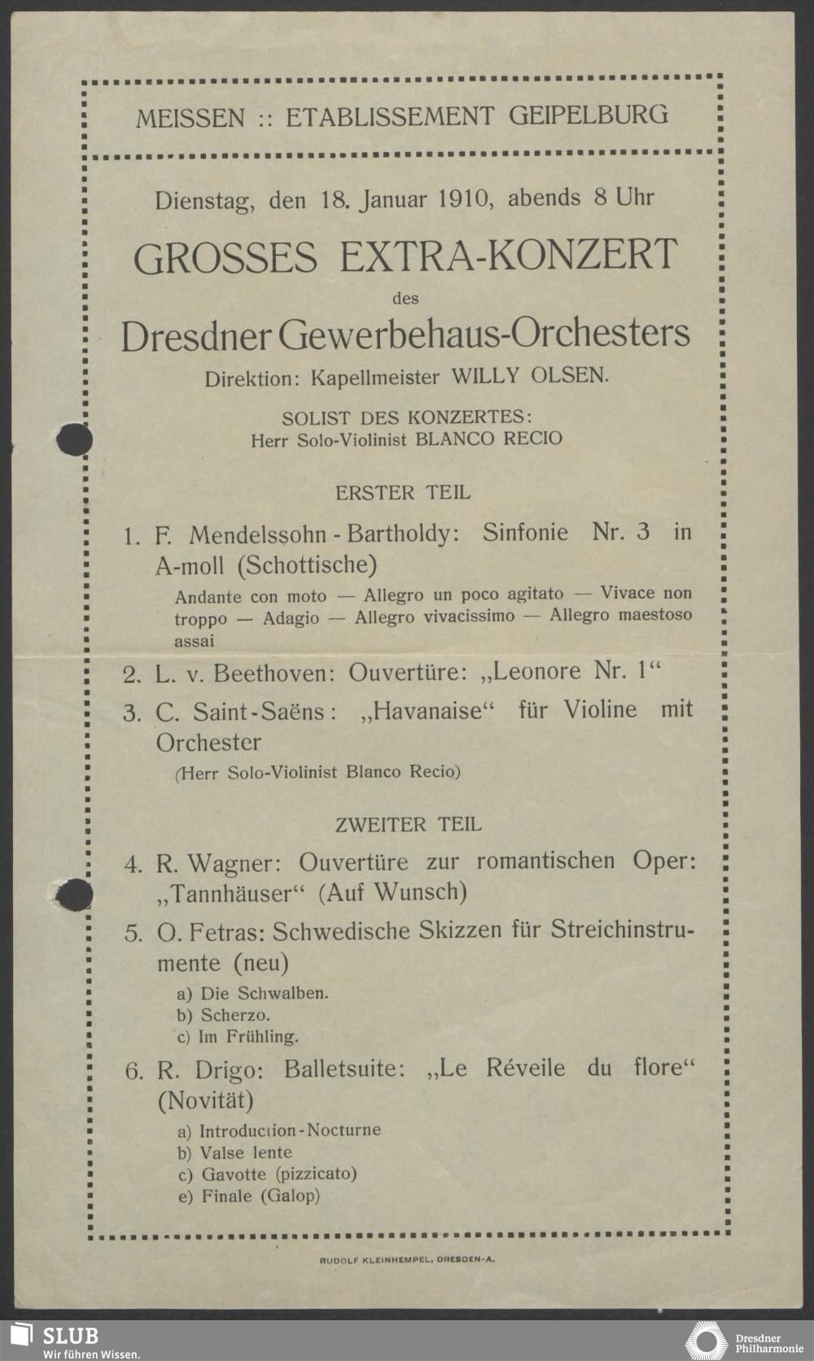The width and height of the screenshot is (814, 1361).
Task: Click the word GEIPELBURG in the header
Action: coord(589,116)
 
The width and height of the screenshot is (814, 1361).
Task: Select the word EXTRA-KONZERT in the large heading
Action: coord(509,255)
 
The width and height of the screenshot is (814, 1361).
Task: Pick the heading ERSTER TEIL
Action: coord(403,492)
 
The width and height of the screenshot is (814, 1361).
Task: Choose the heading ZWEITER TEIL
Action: coord(408,824)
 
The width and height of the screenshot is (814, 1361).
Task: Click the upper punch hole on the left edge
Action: coord(73,440)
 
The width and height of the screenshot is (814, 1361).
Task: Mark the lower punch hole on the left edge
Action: coord(73,896)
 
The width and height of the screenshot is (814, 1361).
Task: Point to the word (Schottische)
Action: coord(311,564)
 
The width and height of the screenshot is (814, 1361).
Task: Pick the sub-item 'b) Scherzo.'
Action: coord(223,1014)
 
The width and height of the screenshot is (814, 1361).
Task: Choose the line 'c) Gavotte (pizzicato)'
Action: coord(267,1174)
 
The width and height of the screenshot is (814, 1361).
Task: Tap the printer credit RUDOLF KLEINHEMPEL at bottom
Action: coord(376,1258)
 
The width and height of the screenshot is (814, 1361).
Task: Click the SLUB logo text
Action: coord(71,1336)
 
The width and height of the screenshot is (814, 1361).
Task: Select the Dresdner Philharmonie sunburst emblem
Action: coord(706,1340)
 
